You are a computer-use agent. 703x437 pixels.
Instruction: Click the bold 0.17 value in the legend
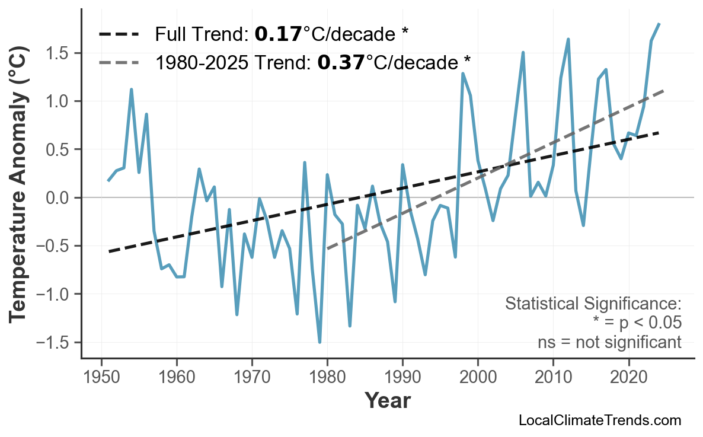pos(278,34)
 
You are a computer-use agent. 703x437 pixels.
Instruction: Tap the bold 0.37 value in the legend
pos(341,61)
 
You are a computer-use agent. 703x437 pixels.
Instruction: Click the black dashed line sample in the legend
pos(119,34)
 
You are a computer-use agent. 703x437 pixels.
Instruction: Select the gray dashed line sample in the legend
pos(119,62)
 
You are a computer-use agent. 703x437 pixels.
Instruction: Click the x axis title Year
pos(387,401)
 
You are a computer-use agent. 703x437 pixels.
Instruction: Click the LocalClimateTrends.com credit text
pos(599,420)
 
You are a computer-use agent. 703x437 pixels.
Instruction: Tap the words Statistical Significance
pos(593,304)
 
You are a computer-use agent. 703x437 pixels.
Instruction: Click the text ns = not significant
pos(609,342)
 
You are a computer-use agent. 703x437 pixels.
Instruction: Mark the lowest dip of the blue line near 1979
pos(319,342)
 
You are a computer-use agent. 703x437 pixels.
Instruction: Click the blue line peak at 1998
pos(462,74)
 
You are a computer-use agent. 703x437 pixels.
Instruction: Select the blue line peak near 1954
pos(131,90)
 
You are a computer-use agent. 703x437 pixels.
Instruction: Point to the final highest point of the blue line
pos(659,24)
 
